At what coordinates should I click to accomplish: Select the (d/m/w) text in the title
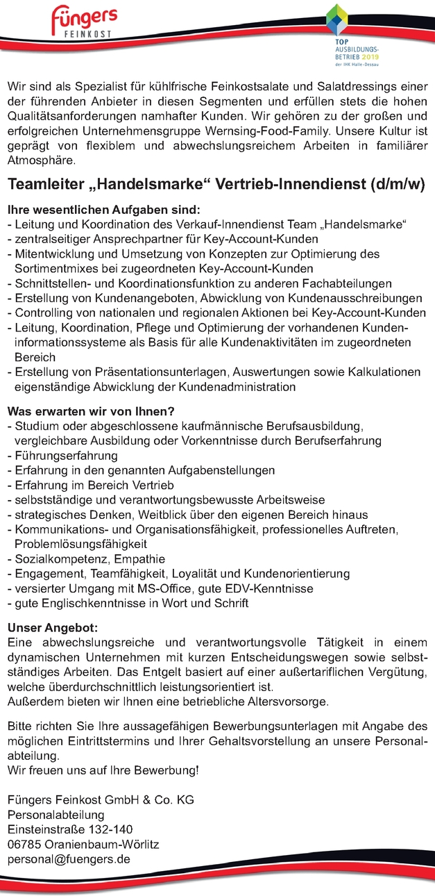[x=398, y=185]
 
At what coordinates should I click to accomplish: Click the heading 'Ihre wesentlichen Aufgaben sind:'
[x=104, y=209]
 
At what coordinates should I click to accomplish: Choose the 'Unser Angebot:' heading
[x=54, y=627]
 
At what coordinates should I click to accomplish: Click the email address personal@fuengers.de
[x=69, y=858]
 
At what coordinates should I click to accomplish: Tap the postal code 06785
[x=24, y=844]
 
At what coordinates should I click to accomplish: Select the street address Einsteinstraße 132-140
[x=70, y=829]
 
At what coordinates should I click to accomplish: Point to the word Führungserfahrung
[x=65, y=456]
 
